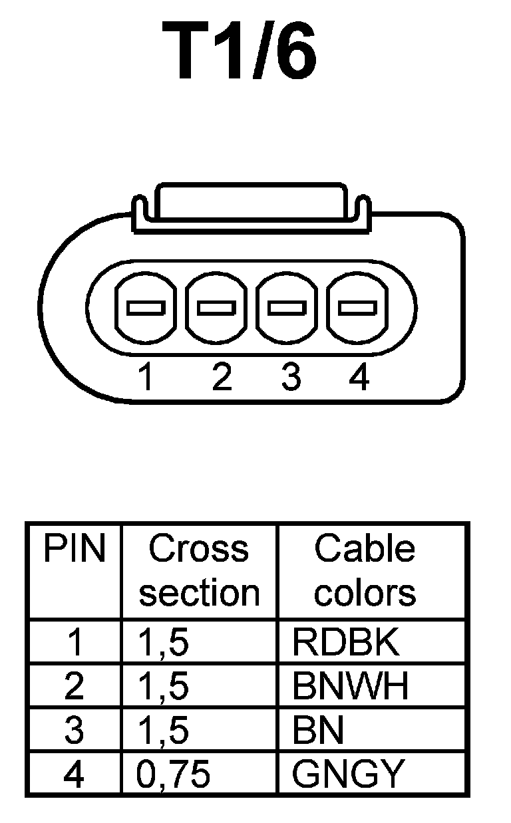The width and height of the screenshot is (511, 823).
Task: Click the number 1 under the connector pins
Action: [x=146, y=378]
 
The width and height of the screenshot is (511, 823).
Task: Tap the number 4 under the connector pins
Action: [x=359, y=378]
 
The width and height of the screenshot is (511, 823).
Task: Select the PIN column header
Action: [x=74, y=549]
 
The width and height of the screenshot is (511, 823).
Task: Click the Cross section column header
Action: [x=199, y=570]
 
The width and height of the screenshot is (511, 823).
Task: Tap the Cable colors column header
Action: [x=365, y=570]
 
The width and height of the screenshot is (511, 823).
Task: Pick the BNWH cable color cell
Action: [x=351, y=686]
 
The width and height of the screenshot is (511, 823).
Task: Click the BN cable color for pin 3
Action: [x=318, y=730]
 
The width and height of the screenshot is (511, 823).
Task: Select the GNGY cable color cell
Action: [x=348, y=773]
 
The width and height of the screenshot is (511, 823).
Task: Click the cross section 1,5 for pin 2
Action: [x=164, y=686]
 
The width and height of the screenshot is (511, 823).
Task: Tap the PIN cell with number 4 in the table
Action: [x=75, y=773]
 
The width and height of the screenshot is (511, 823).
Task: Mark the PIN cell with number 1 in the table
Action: [x=75, y=642]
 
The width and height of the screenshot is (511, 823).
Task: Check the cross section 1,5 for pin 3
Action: [x=164, y=730]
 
